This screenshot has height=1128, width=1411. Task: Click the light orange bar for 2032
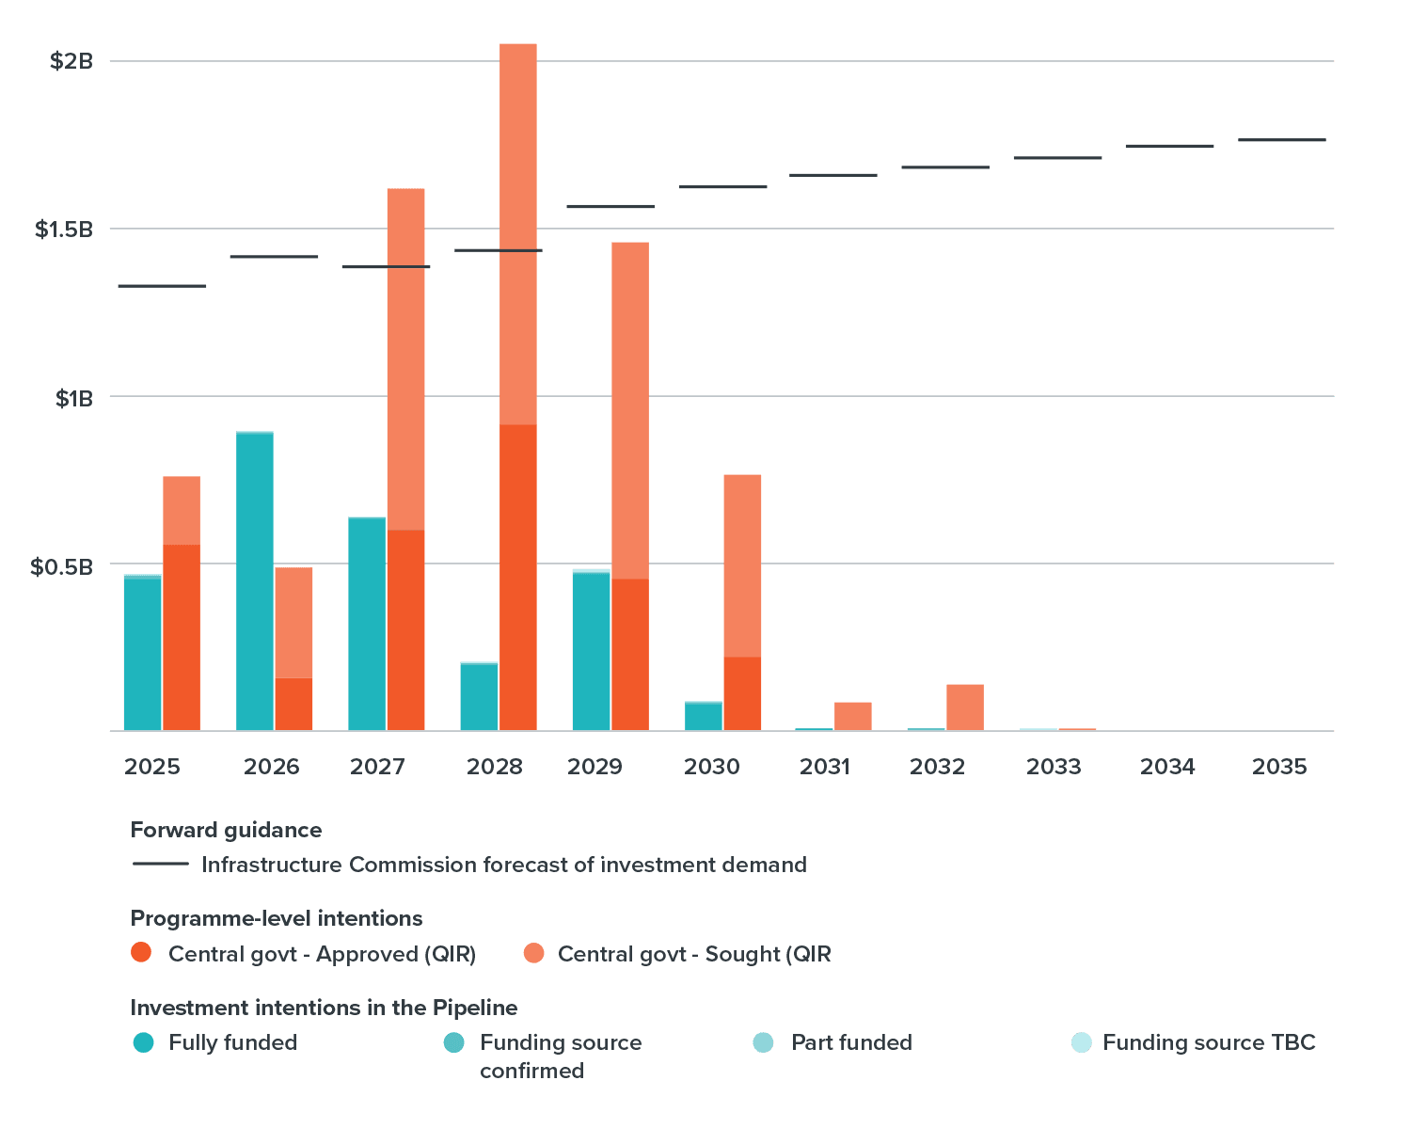point(965,707)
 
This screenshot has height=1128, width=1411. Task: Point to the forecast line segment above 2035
point(1282,140)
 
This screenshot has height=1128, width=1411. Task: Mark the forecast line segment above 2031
point(833,175)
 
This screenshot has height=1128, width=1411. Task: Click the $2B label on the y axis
point(71,62)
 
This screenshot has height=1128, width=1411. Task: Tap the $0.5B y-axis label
point(62,566)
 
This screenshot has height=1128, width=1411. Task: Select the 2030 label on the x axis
point(712,767)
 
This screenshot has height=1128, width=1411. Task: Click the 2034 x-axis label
point(1167,767)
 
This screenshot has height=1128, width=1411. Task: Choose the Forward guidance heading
point(226,830)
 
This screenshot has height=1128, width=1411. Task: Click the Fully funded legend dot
point(143,1042)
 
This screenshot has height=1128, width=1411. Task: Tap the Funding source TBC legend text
point(1209,1042)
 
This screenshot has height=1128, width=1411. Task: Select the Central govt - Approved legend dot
point(142,953)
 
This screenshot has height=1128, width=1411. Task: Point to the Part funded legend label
point(851,1042)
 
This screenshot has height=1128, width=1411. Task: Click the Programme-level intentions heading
point(277,918)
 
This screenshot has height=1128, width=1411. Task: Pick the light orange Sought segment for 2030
point(742,564)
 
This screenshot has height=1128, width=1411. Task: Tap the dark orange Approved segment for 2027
point(406,629)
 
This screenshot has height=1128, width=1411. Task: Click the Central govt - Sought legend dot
point(533,953)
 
